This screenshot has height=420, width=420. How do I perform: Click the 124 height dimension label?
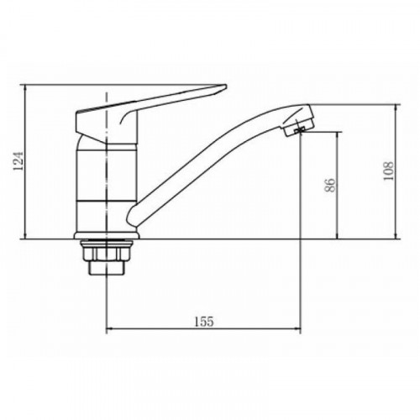(18, 161)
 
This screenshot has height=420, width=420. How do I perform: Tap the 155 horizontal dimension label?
(204, 322)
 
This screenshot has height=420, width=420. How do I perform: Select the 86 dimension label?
(330, 185)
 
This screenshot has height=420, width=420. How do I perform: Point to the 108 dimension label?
(388, 171)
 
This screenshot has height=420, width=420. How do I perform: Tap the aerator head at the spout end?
(298, 120)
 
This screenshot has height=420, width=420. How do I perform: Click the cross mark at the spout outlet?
(301, 131)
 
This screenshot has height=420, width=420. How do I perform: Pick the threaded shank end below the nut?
(107, 267)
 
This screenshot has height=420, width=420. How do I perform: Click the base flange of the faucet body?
(107, 236)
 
